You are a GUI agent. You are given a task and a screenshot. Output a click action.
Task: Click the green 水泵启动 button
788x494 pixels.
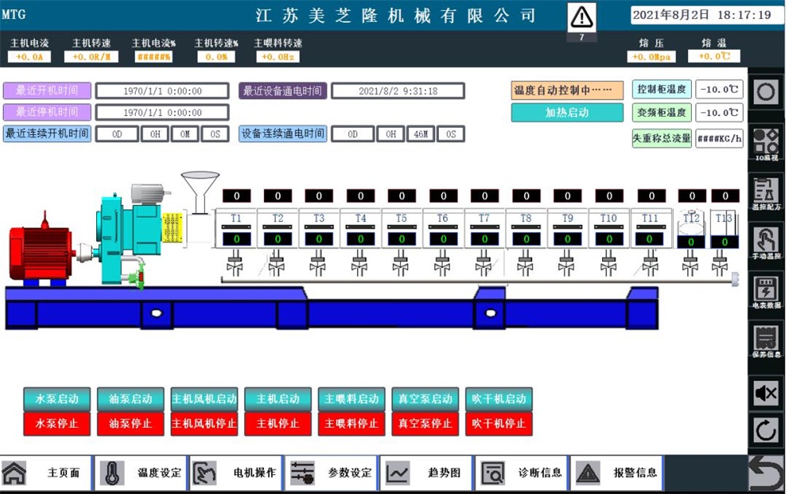coord(57,399)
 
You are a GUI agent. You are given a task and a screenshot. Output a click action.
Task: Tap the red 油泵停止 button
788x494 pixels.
coord(130,423)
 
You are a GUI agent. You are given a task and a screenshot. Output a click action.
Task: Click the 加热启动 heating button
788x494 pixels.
coord(567,113)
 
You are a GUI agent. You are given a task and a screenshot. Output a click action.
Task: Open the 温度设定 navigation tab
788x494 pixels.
coord(143,473)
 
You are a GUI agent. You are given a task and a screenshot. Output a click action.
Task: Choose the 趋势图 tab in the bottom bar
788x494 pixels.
coord(426,473)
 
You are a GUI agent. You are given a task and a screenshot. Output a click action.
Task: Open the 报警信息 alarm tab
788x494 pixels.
coord(618,473)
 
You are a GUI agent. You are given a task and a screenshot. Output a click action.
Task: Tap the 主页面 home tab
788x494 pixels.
coord(46,473)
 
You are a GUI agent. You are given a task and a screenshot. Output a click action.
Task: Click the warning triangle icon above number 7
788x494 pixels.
coord(582,17)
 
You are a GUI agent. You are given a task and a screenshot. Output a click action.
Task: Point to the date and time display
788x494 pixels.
coord(707,15)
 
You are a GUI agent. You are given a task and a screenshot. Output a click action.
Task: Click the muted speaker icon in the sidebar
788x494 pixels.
coord(766,392)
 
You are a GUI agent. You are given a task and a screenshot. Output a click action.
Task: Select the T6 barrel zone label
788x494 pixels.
coord(443,218)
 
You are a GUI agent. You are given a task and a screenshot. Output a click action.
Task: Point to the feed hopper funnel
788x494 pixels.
coord(200,189)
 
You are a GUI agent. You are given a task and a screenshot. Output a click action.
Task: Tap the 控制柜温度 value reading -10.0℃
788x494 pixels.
coord(720,89)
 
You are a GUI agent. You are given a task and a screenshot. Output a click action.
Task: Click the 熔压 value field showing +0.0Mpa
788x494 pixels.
coord(651,57)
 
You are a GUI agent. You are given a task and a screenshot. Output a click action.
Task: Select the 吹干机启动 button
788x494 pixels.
coord(499,399)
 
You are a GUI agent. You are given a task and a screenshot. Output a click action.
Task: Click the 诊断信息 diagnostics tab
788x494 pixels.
coord(523,473)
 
